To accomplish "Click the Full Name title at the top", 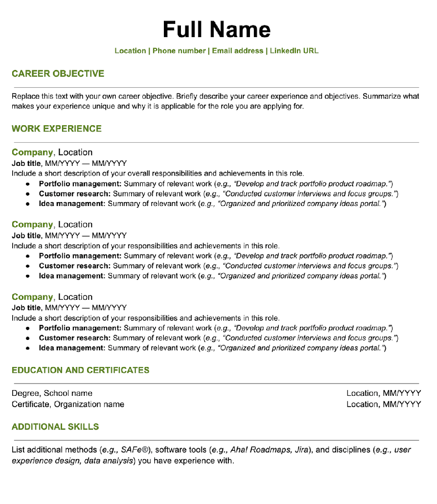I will (x=217, y=30).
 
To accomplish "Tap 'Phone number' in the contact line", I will (x=179, y=51).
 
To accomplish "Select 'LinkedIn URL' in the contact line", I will (x=294, y=51).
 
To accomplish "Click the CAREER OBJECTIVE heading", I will (x=58, y=74).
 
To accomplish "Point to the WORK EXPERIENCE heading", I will (x=56, y=129).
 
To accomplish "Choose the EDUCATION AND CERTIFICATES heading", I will (x=80, y=370).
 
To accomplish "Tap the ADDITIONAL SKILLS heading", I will (x=55, y=427).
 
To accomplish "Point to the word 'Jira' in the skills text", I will (x=302, y=450).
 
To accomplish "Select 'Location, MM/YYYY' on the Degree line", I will (x=383, y=393).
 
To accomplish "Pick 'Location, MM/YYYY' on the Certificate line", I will (x=383, y=405).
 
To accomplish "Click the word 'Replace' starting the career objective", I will (x=25, y=96).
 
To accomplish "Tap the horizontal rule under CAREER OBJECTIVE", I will (x=216, y=88).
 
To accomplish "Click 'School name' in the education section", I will (x=68, y=393).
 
